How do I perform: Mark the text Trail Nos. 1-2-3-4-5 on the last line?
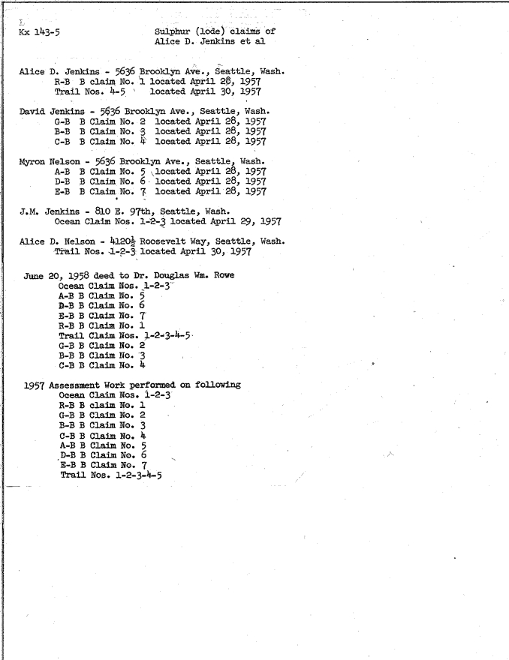point(112,475)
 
